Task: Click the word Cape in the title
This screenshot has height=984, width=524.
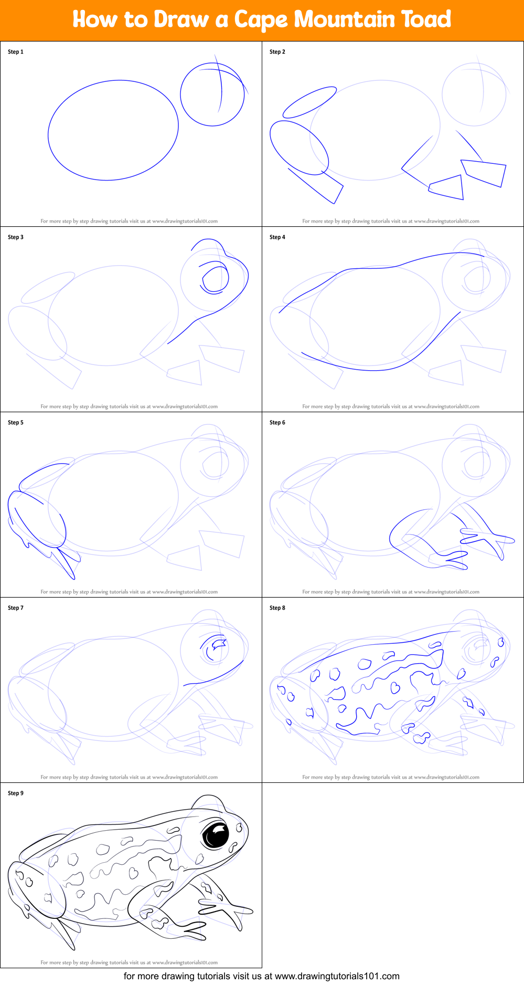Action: (x=261, y=20)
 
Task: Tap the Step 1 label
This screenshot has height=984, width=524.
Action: (x=16, y=51)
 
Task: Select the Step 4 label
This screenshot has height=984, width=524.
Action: (x=277, y=237)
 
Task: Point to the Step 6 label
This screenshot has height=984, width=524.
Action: (x=277, y=422)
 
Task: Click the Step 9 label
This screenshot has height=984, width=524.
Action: (x=16, y=793)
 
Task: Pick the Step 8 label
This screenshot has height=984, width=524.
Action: (x=277, y=608)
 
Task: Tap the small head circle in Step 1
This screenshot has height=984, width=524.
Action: (x=212, y=95)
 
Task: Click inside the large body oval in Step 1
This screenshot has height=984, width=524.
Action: (x=113, y=130)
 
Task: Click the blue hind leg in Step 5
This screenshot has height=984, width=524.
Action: (x=37, y=520)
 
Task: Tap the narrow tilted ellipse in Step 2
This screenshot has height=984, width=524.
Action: (x=309, y=102)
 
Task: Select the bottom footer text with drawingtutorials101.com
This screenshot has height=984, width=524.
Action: (x=262, y=976)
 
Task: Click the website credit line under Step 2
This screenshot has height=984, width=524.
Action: (x=391, y=221)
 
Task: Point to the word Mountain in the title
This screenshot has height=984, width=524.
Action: (x=344, y=19)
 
